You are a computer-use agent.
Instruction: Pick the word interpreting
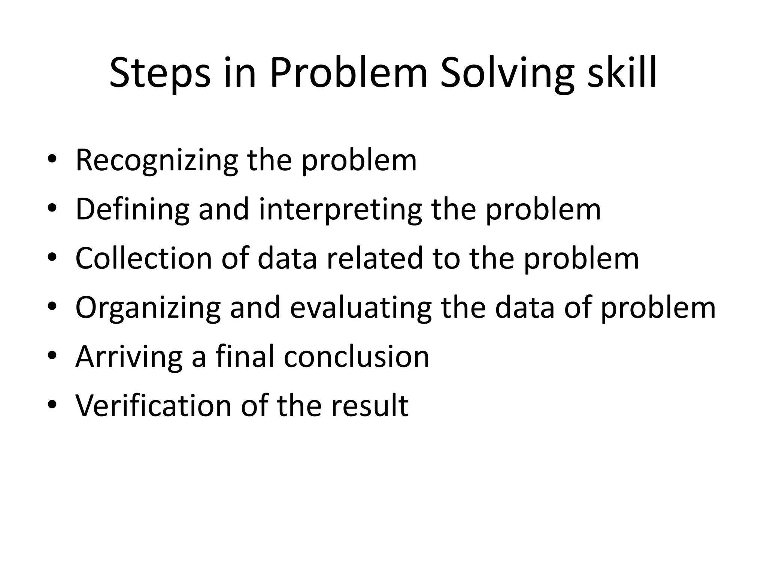click(x=340, y=210)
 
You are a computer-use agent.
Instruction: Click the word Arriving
click(x=129, y=357)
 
